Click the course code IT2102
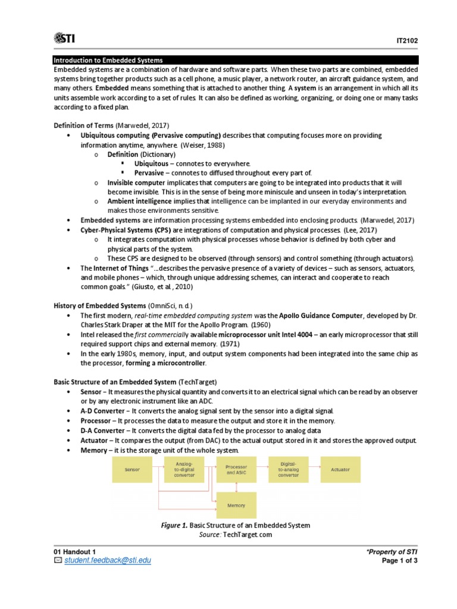[407, 40]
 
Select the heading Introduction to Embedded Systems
[108, 60]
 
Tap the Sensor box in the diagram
[132, 469]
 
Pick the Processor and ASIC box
[236, 470]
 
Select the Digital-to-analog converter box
[289, 469]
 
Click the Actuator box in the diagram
[340, 469]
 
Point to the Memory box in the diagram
[236, 505]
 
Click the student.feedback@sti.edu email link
[107, 560]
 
